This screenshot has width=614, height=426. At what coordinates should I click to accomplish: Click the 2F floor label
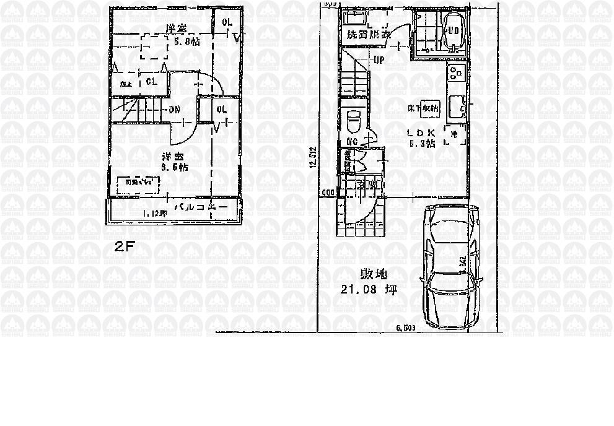point(124,246)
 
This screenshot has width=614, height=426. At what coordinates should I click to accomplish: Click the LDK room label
point(421,133)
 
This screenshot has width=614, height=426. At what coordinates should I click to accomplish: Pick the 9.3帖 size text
point(422,144)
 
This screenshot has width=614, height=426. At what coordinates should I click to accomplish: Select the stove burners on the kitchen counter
point(457,73)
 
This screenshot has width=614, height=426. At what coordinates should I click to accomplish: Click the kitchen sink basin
point(455,106)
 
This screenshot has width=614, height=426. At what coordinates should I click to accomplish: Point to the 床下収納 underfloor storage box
point(431,108)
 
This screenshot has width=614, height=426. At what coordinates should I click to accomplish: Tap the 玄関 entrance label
point(366,184)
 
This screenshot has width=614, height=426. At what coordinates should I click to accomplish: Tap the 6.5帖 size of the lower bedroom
point(175,167)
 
